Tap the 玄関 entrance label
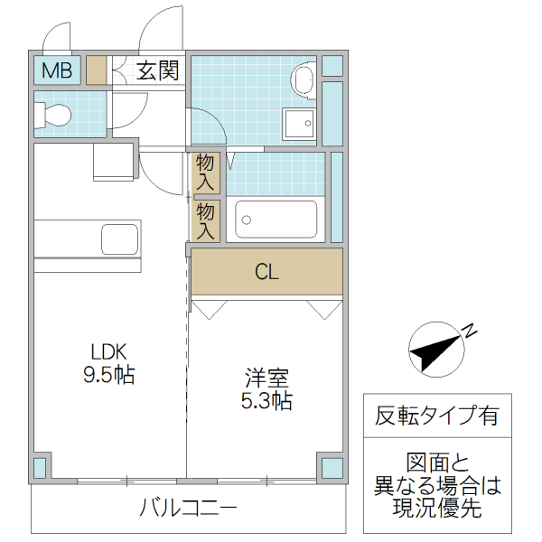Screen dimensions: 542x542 (157, 70)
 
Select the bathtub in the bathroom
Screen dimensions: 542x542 (276, 219)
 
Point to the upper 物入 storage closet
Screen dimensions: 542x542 (206, 171)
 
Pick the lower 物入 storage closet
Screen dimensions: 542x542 (206, 220)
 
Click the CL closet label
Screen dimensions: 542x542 (266, 271)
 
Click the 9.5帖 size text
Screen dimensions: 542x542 (109, 375)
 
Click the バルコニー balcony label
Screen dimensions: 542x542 (187, 508)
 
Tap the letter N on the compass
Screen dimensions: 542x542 (470, 331)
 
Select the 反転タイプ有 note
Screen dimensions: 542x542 (436, 416)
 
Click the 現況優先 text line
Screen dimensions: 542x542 (437, 508)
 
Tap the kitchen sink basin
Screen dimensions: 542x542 (119, 239)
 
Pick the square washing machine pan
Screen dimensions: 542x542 (299, 123)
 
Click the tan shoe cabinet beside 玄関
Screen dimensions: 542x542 (97, 70)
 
